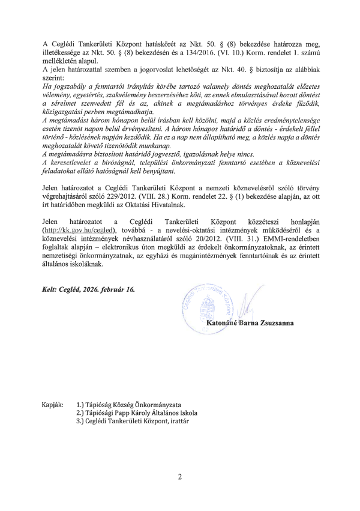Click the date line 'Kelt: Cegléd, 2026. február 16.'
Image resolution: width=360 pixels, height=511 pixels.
89,289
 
